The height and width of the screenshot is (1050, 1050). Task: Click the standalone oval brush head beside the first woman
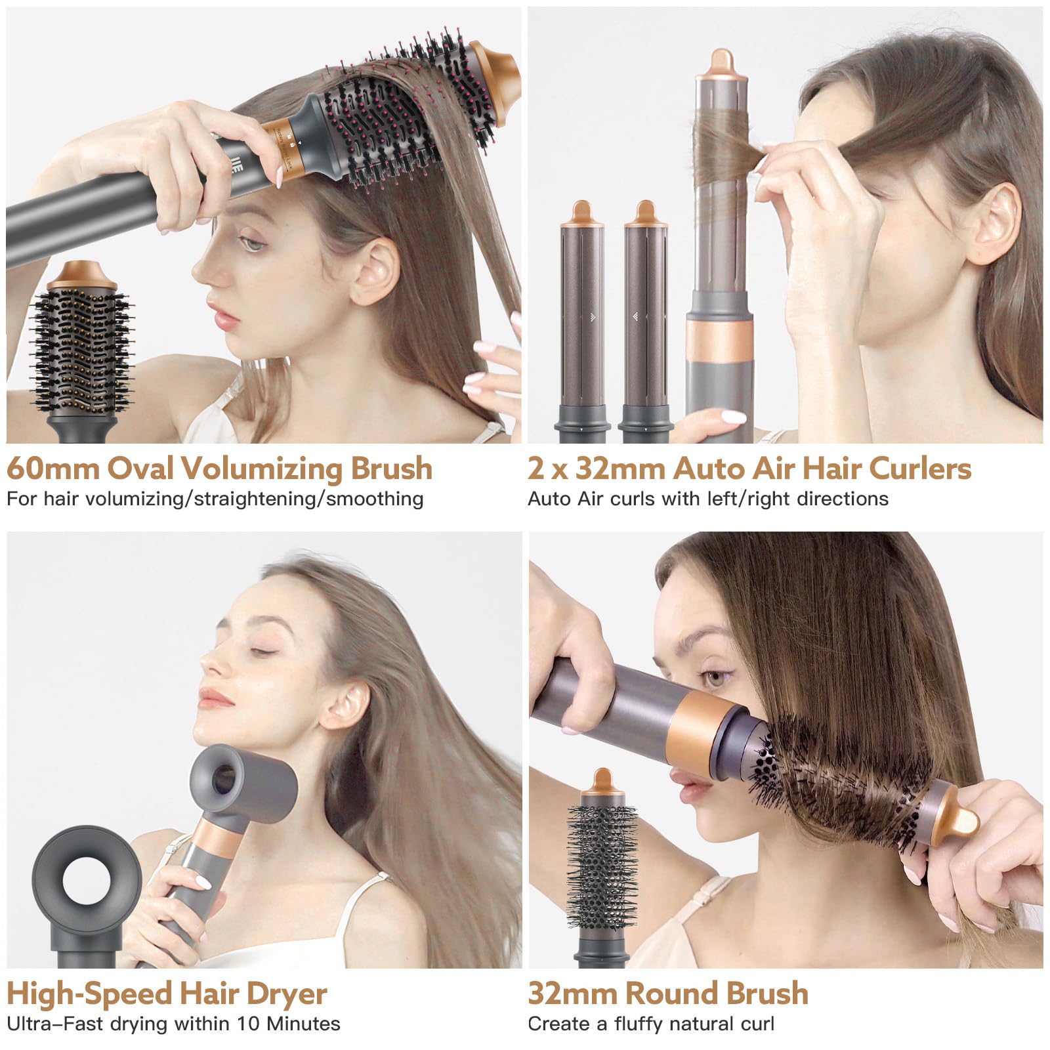click(x=83, y=348)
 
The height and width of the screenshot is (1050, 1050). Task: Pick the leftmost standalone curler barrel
click(x=581, y=322)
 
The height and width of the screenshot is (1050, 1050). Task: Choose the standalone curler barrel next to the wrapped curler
click(x=646, y=322)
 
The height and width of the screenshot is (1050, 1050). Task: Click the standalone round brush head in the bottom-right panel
click(x=603, y=866)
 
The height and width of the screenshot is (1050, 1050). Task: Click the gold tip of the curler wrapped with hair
click(x=721, y=66)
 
